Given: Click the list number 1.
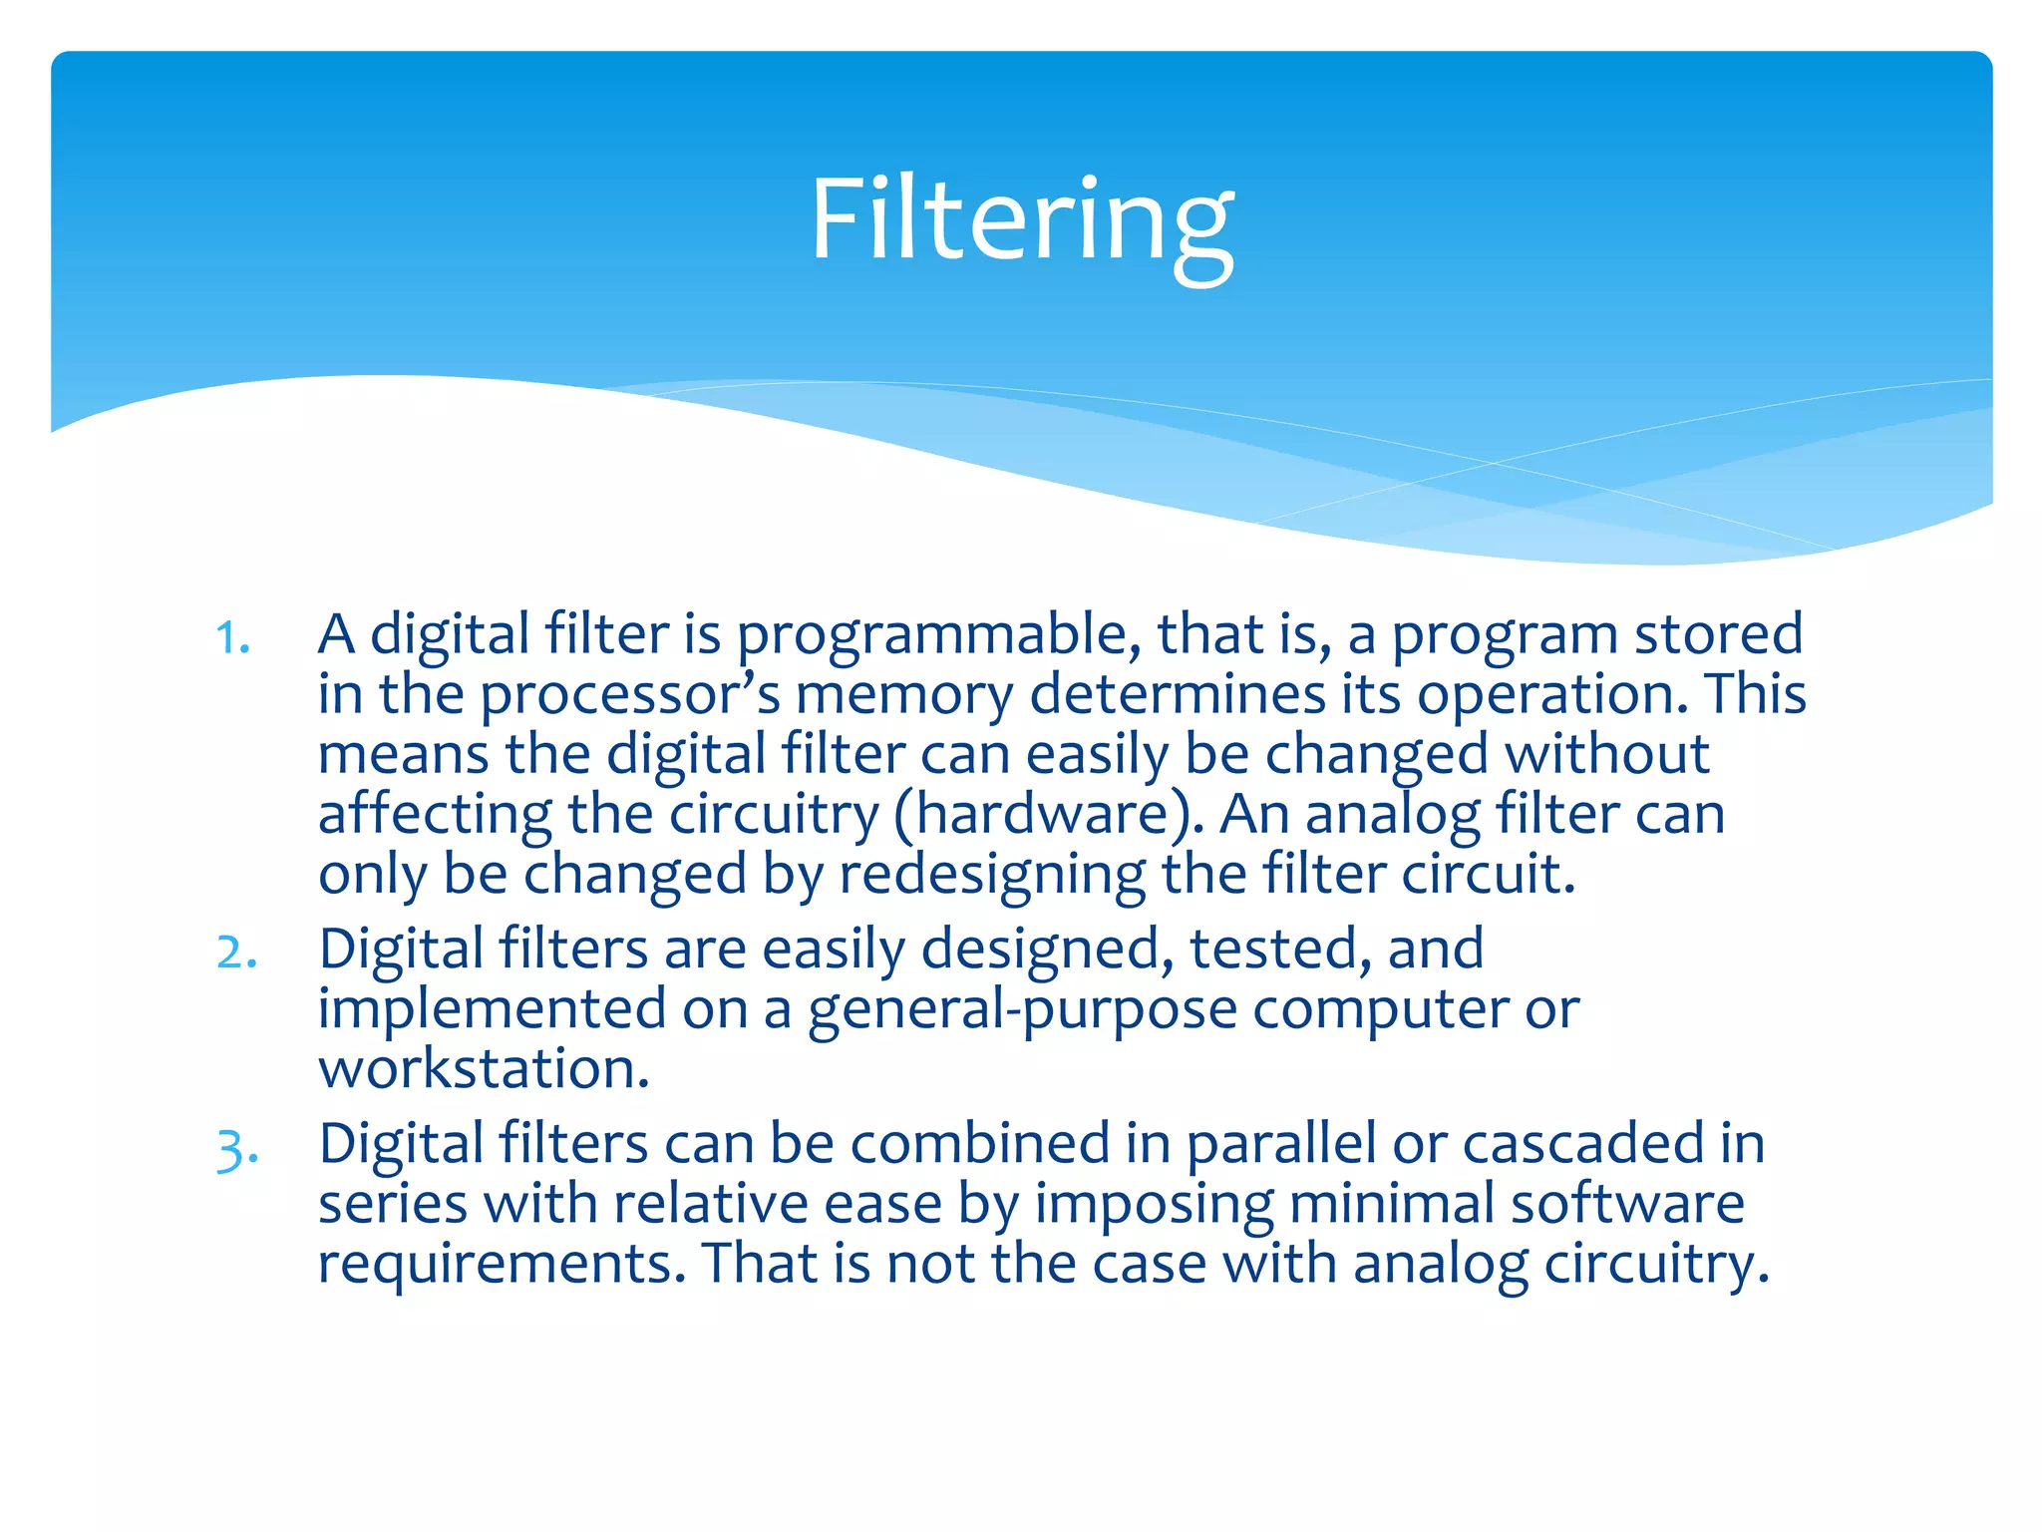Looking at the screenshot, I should (x=232, y=638).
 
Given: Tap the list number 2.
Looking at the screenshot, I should (x=237, y=953).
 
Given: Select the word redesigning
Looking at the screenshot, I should (x=992, y=876).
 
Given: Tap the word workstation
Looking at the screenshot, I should (x=484, y=1069).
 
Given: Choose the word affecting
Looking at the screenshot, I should (x=435, y=816).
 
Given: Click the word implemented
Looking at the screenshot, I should (x=492, y=1009).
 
